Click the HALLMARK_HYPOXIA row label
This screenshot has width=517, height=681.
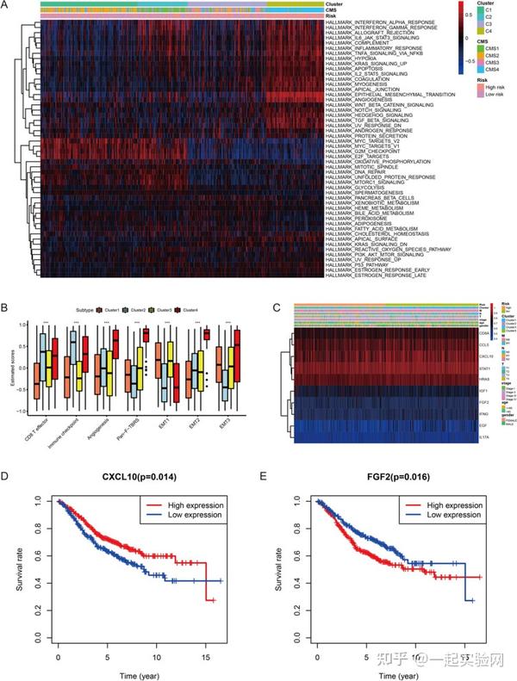tap(352, 59)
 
